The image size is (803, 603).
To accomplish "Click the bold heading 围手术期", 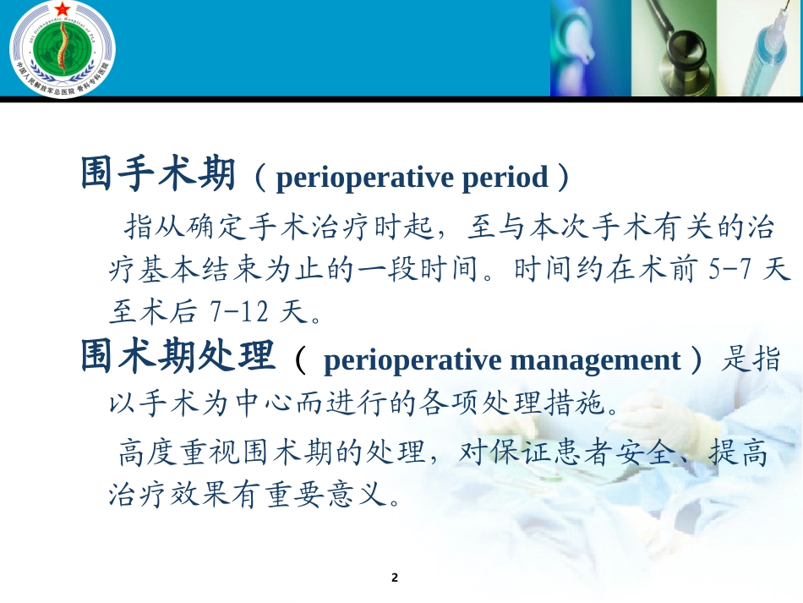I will tap(157, 175).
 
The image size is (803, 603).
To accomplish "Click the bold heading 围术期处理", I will tap(178, 359).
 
